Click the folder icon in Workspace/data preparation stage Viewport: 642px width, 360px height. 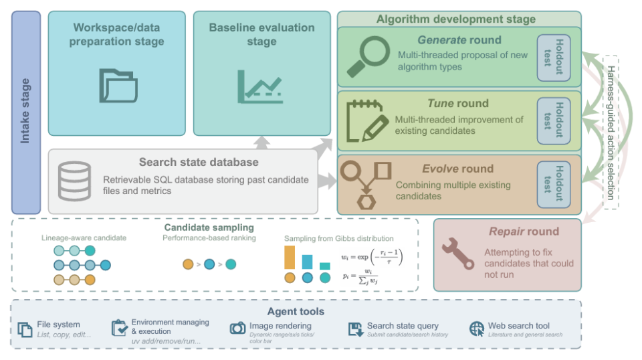point(118,86)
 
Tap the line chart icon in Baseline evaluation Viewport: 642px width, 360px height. point(260,86)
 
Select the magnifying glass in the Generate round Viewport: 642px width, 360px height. point(368,56)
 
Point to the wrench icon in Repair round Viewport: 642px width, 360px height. point(458,254)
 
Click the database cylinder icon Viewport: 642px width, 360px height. point(74,181)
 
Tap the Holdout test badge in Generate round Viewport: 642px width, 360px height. point(554,58)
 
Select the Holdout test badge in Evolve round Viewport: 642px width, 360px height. point(554,184)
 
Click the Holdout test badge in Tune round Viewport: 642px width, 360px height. point(554,121)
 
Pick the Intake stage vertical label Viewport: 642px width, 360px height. point(25,111)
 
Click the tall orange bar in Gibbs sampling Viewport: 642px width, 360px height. point(290,258)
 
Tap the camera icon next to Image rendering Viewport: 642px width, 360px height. point(237,328)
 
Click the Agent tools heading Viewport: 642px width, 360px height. point(296,312)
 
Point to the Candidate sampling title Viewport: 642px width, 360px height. point(209,228)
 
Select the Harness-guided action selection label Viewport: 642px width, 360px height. point(611,132)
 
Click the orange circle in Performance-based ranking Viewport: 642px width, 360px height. point(188,264)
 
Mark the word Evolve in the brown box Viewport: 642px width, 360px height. point(440,169)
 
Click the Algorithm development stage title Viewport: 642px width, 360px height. point(455,19)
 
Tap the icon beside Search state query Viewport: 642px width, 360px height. point(355,329)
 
